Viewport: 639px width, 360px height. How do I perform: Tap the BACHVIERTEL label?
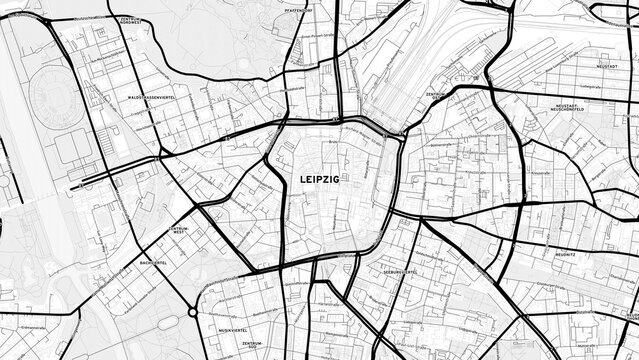pyautogui.click(x=153, y=264)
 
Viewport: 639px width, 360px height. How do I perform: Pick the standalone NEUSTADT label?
pyautogui.click(x=605, y=65)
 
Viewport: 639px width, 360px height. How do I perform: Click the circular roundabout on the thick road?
pyautogui.click(x=192, y=313)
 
